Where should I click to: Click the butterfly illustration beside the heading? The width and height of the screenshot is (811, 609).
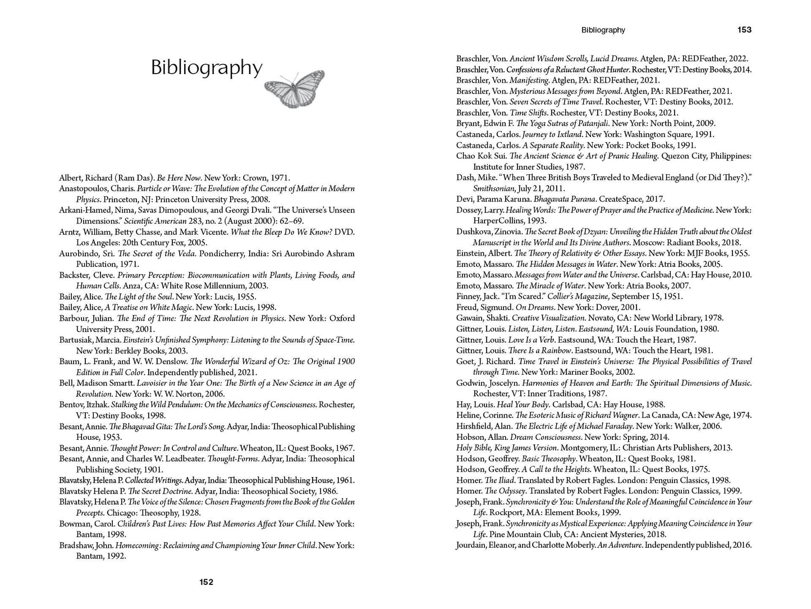tap(294, 89)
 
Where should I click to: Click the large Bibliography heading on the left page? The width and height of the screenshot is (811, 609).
tap(207, 68)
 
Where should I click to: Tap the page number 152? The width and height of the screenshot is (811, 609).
tap(206, 582)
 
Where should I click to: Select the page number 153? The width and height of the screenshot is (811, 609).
tap(744, 30)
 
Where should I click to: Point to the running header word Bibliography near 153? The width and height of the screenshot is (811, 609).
tap(603, 30)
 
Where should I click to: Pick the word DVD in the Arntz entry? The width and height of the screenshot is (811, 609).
tap(344, 232)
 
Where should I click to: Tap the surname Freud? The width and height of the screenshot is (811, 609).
tap(468, 307)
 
